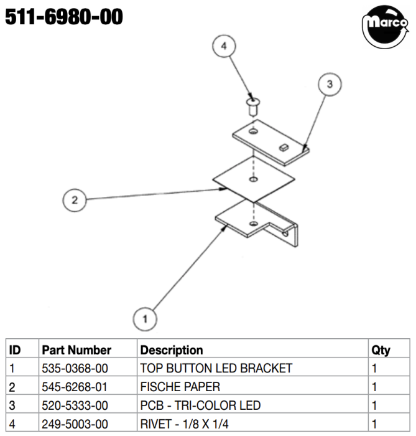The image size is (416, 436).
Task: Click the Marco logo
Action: (x=385, y=27)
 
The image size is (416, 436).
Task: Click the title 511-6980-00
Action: (x=64, y=17)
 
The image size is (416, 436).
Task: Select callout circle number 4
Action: (x=224, y=46)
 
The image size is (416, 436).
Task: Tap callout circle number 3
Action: (x=330, y=84)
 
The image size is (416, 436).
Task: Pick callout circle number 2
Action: (x=75, y=200)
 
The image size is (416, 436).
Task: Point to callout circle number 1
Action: (x=145, y=319)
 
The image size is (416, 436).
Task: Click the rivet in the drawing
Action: (x=253, y=107)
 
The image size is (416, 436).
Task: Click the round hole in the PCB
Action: (x=253, y=131)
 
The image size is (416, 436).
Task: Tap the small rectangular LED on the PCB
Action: (x=284, y=147)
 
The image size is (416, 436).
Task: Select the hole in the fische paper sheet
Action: (x=253, y=179)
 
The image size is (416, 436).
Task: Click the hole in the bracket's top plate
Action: (x=253, y=223)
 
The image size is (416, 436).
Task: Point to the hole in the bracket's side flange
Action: (x=285, y=234)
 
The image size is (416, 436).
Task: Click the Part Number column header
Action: (x=76, y=350)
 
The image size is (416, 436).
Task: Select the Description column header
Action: (x=172, y=350)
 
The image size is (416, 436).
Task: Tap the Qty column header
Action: (x=381, y=350)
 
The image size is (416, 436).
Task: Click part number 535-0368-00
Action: (x=75, y=369)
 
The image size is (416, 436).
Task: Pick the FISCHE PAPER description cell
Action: (x=180, y=387)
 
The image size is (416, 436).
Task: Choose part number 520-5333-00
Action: (x=75, y=405)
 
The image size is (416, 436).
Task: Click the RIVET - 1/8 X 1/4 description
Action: (x=184, y=424)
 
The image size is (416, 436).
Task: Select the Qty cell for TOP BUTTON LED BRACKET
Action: (x=374, y=369)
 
